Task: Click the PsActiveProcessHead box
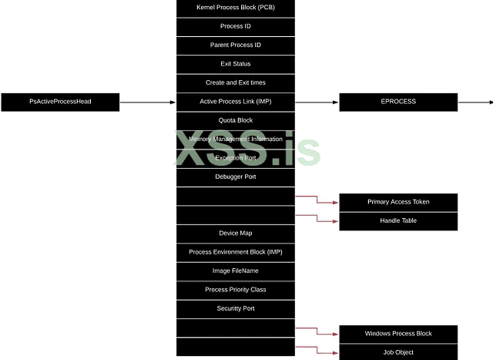pos(60,102)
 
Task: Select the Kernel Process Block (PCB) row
pos(236,8)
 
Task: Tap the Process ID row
pos(236,26)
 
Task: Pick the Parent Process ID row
pos(236,45)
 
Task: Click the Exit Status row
pos(236,64)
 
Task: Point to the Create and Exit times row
pos(236,82)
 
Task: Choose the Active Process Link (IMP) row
pos(236,102)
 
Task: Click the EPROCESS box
pos(398,102)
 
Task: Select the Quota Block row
pos(236,120)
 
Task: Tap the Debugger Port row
pos(236,177)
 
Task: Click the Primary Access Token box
pos(398,202)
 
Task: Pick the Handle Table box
pos(398,220)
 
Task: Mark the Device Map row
pos(236,233)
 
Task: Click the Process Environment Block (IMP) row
pos(236,252)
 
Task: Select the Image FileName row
pos(236,271)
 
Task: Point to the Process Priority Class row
pos(236,290)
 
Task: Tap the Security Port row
pos(236,308)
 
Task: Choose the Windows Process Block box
pos(398,334)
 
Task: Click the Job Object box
pos(398,352)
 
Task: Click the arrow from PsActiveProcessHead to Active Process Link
pos(148,102)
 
